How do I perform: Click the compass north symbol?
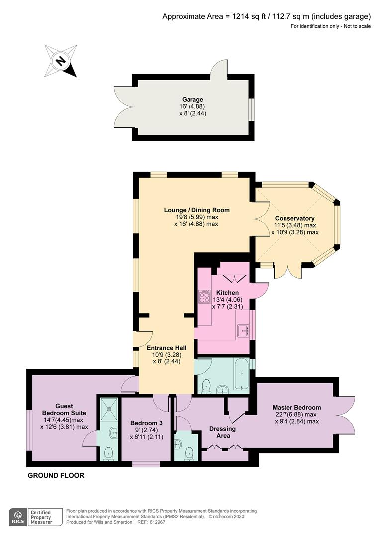click(x=61, y=61)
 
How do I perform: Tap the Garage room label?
click(x=192, y=99)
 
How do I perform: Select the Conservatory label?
click(x=294, y=218)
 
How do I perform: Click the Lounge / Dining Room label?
click(x=196, y=210)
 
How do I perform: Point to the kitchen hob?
click(x=204, y=296)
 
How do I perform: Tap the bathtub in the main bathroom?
click(x=242, y=374)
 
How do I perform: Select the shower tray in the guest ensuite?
click(x=109, y=409)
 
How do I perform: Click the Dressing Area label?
click(x=223, y=432)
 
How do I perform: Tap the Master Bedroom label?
click(x=297, y=407)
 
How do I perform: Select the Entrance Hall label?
click(x=167, y=348)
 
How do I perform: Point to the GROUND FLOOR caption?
click(x=56, y=475)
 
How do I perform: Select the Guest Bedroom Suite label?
click(x=64, y=409)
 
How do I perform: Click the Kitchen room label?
click(x=227, y=293)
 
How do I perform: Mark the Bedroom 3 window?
click(x=146, y=464)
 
